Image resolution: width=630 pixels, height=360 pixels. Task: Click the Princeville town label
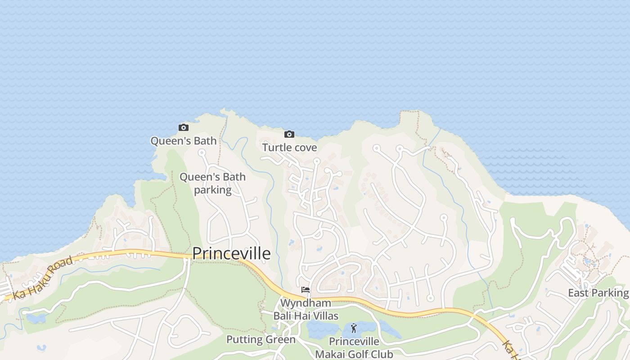pos(231,254)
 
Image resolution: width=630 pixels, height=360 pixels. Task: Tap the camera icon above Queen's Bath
pos(183,128)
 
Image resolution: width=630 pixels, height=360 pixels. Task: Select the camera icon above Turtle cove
pos(289,134)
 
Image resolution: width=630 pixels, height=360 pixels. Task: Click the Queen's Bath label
pos(183,141)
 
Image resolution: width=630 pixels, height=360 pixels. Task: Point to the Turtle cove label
pos(289,148)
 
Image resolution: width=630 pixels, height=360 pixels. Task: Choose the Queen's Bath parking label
pos(212,183)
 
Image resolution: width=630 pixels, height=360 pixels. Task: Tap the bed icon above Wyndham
pos(306,290)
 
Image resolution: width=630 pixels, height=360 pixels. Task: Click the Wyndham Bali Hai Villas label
pos(306,309)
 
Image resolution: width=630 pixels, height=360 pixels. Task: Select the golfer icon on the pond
pos(354,328)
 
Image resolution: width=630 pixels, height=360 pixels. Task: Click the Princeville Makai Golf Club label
pos(354,348)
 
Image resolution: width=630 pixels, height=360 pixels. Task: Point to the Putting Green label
pos(261,339)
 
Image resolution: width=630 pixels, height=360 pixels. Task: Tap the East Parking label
pos(598,293)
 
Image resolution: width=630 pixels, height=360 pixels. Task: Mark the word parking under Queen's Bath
pos(212,190)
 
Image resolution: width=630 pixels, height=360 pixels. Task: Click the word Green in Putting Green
pos(279,339)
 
